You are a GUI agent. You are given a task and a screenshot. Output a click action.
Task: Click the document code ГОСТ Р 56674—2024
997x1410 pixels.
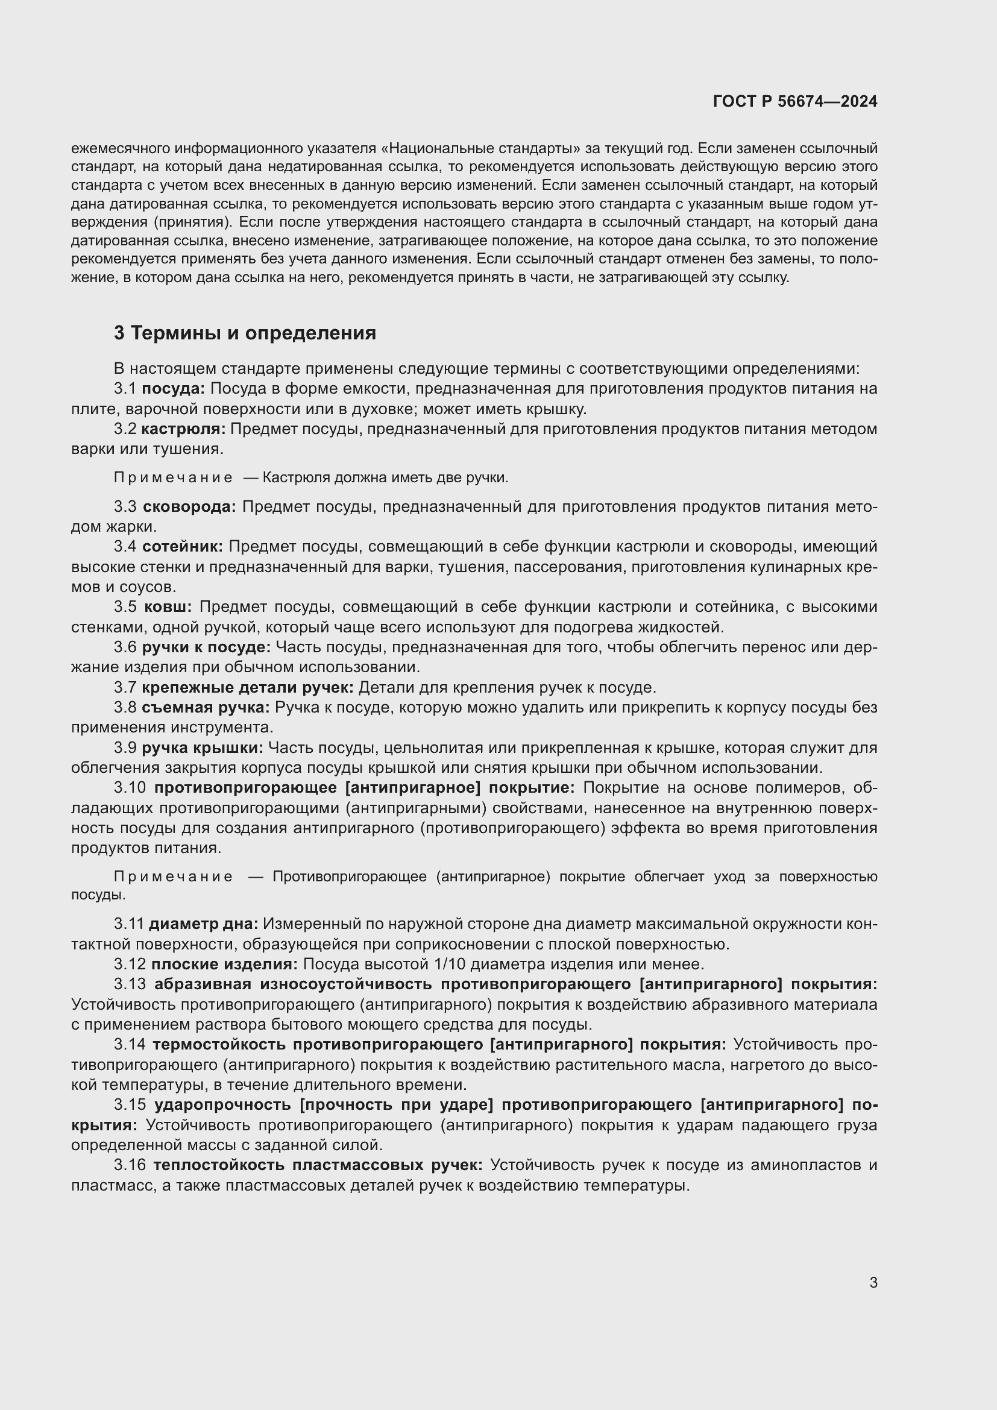pos(794,101)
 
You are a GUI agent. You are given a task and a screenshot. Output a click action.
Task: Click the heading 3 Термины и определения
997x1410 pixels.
pos(244,333)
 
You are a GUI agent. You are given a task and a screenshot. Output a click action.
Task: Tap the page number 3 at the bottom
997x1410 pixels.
pos(873,1282)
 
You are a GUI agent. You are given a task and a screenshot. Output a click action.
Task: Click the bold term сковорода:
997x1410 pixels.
pos(189,506)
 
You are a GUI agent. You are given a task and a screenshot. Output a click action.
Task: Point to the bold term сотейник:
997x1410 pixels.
pos(182,547)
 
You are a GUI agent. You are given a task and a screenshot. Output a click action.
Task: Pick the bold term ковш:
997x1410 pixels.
pos(168,607)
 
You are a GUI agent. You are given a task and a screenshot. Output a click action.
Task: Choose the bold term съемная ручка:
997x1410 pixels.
pos(205,708)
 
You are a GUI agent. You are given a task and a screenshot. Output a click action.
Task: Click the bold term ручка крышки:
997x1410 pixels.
pos(202,748)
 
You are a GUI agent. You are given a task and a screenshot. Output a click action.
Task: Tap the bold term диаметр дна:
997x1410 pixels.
pos(203,924)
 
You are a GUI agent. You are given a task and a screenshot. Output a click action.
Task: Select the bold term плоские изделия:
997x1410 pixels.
pos(224,964)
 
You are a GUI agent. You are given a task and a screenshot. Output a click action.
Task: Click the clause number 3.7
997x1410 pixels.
pos(125,687)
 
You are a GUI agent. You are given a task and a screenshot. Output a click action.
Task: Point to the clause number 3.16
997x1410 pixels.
pos(130,1165)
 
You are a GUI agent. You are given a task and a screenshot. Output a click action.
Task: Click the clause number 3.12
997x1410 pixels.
pos(130,964)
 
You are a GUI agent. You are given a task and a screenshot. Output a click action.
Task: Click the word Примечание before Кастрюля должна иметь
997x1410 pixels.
pos(173,478)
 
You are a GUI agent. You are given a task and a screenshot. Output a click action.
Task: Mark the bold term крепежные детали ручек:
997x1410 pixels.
pos(247,687)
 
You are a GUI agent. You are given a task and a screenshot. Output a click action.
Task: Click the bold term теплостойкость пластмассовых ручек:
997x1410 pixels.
pos(318,1165)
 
